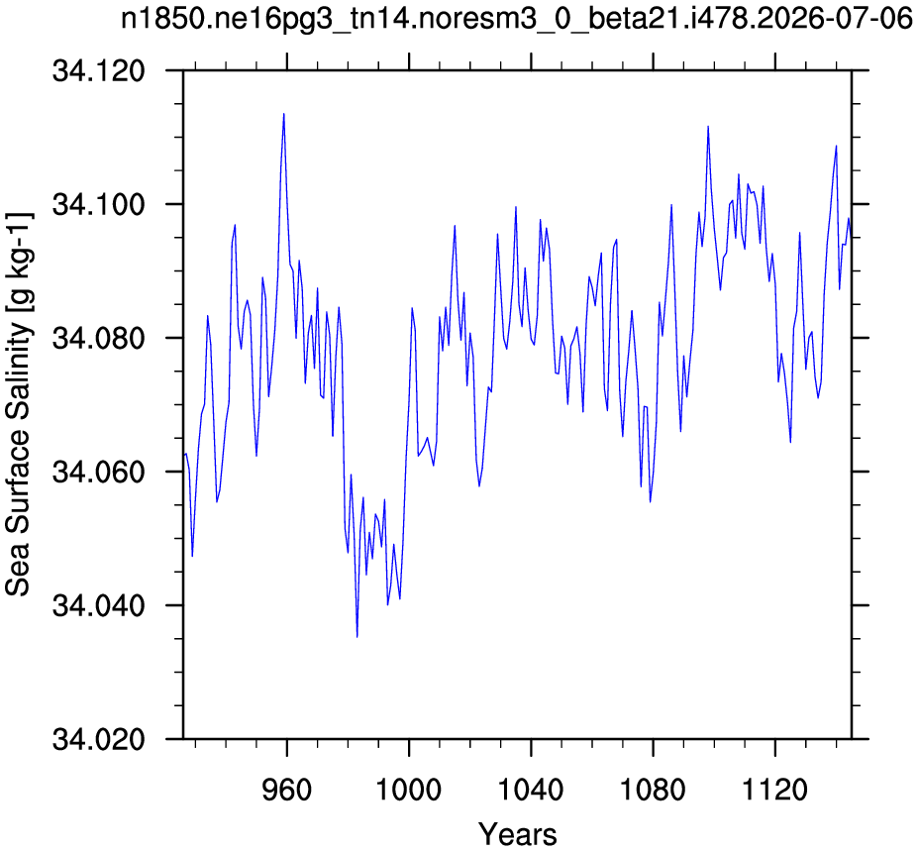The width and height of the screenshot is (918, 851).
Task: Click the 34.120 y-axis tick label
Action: [x=98, y=71]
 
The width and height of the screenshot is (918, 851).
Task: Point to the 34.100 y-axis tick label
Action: [x=98, y=204]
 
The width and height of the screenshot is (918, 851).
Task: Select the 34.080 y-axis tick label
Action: [x=98, y=338]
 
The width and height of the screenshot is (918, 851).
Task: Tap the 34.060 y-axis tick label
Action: [x=98, y=472]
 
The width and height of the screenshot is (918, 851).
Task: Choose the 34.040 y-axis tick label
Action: [x=98, y=605]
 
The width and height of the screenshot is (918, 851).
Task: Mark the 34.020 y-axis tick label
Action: [x=98, y=739]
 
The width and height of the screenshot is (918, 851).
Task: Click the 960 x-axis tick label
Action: [x=286, y=790]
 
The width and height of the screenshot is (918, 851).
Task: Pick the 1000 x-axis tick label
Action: [x=408, y=790]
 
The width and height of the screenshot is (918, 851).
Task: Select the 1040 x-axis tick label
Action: [x=531, y=790]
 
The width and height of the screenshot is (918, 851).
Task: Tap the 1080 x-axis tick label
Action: [x=653, y=790]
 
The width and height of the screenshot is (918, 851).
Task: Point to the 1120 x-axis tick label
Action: [x=774, y=790]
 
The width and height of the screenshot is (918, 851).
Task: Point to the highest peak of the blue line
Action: [x=284, y=114]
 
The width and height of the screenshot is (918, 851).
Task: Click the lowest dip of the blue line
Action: [x=357, y=637]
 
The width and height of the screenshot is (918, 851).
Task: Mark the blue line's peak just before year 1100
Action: [x=708, y=126]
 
